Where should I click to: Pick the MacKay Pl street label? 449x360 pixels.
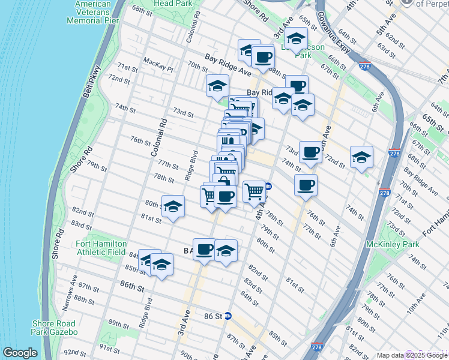coord(158,62)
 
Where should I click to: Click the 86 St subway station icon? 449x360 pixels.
coord(228,316)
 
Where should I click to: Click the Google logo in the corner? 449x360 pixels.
coord(20,353)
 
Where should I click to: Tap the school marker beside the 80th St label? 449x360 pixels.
coord(172,207)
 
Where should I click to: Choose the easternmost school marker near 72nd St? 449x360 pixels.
coord(361,158)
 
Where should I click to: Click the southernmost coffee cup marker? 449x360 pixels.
coord(204,249)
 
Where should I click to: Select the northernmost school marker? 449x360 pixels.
coord(295,39)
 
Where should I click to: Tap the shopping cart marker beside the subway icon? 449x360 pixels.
coord(255,191)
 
